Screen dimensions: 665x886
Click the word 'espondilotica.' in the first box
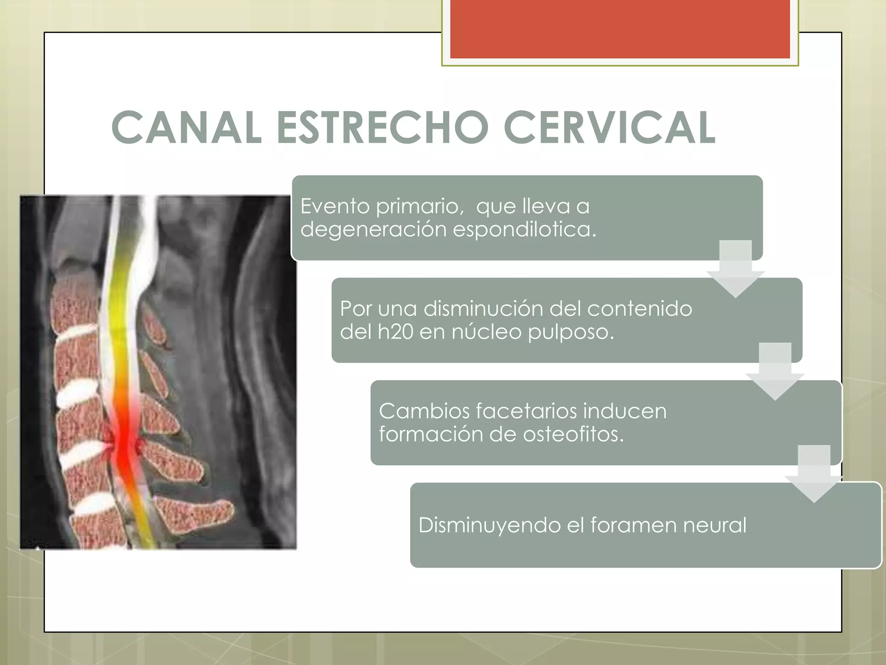point(524,229)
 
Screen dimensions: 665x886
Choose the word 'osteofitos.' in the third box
point(573,434)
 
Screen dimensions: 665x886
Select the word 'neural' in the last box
point(714,526)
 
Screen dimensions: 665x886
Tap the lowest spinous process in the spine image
point(195,515)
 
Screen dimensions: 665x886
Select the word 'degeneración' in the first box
point(373,229)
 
